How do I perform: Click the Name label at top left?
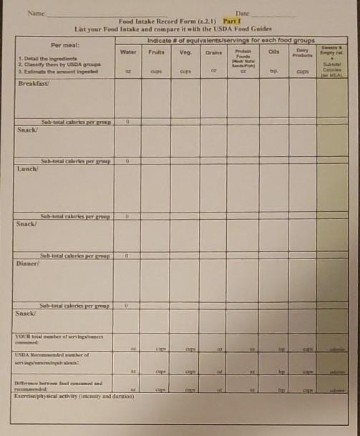click(34, 14)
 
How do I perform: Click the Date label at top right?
click(242, 14)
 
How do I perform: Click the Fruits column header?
click(156, 52)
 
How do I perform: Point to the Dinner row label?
click(29, 263)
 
